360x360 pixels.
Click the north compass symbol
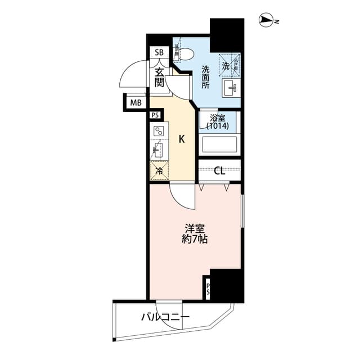(267, 21)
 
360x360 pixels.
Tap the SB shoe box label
(159, 53)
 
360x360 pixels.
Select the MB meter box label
(135, 102)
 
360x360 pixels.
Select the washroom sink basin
(231, 88)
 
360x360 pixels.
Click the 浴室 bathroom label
(217, 119)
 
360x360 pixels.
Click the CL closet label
(219, 170)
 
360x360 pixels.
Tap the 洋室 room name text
(195, 228)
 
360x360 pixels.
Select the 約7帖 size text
(195, 240)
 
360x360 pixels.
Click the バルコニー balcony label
(165, 317)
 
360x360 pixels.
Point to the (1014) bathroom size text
(217, 127)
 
